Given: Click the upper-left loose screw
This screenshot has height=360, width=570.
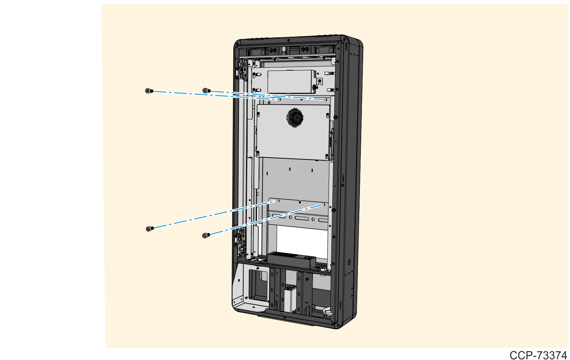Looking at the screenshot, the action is [x=149, y=91].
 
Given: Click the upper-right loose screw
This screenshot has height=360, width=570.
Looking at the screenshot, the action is [x=207, y=90].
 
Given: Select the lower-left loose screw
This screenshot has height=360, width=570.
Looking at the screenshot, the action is [x=150, y=229].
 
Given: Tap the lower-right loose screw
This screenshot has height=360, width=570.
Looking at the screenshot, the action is [x=206, y=235].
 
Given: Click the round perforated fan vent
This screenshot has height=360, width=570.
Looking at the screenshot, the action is [x=295, y=117].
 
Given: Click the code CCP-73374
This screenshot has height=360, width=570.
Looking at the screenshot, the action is [x=538, y=355].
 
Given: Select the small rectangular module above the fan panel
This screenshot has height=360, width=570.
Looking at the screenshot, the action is [x=290, y=81].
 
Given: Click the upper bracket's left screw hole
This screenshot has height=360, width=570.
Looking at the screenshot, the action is [x=279, y=99].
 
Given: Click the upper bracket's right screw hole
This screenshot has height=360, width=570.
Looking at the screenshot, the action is [x=325, y=99].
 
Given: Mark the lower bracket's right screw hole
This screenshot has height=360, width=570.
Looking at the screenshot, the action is [x=323, y=204].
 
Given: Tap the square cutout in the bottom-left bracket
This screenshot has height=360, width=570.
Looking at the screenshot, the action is [x=258, y=285].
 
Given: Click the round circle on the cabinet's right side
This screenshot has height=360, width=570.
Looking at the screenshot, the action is [x=349, y=263].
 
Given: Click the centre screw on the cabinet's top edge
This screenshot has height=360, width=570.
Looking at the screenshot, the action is [x=288, y=40].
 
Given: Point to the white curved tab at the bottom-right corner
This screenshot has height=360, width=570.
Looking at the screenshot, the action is [x=328, y=310].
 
